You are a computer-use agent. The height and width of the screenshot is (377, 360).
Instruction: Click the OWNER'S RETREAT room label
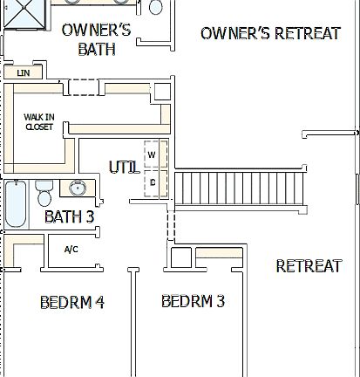coord(270,34)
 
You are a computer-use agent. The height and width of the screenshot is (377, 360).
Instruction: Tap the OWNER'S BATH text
coord(97,39)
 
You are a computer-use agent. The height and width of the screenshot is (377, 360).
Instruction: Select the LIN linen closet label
coord(23,73)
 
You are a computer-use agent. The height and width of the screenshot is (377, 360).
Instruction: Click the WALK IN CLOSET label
coord(37,121)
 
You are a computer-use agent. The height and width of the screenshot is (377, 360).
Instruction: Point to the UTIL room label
coord(124,167)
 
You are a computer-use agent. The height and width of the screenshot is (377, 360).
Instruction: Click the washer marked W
coord(152,154)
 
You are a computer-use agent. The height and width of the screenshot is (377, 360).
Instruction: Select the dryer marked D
coord(153,182)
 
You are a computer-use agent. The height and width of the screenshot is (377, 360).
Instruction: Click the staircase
coord(241,190)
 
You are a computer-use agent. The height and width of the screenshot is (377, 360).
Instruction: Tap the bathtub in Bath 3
coord(15,203)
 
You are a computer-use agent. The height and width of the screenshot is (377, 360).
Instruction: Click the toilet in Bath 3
coord(44,191)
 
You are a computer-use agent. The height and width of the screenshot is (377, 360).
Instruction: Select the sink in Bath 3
coord(77,188)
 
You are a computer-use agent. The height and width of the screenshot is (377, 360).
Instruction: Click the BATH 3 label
coord(69,216)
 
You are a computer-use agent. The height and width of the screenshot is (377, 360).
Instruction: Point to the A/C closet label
coord(72,250)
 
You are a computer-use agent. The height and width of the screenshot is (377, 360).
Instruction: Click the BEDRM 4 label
coord(72,302)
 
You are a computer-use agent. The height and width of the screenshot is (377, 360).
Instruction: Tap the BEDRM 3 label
coord(193,301)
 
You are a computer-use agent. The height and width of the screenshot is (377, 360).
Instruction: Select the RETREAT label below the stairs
coord(309,266)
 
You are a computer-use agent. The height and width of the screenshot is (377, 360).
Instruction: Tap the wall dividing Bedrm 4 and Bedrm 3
coord(132,323)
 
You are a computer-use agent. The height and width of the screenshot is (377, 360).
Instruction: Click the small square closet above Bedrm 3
coord(180,258)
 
